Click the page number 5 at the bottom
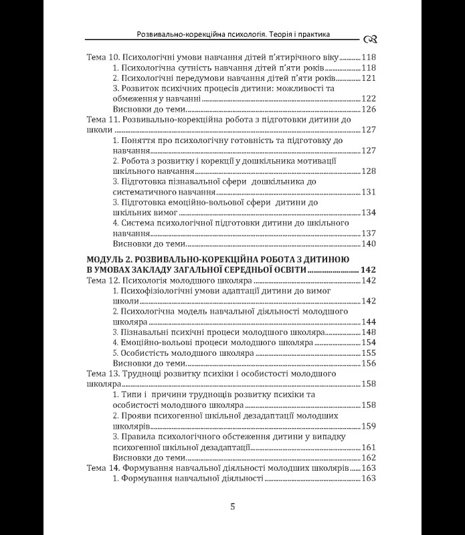232,506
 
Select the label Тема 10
104,58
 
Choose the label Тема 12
104,280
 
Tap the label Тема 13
104,374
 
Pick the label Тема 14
104,468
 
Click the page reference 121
369,78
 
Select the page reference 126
369,108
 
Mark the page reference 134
369,213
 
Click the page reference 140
369,243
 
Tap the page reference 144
369,322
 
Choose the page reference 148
369,332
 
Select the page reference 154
369,342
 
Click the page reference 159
369,426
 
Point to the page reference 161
369,447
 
